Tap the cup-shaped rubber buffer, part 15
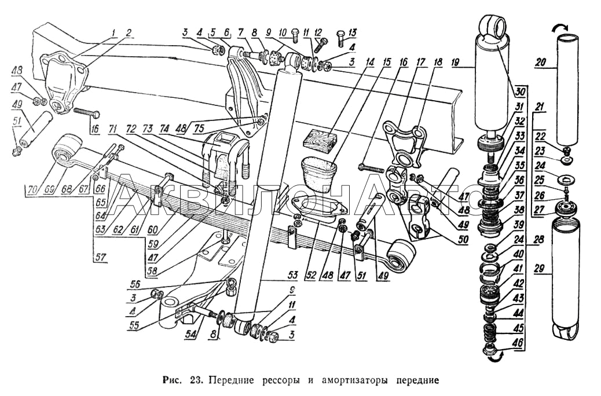coord(318,173)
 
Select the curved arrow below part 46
coord(493,359)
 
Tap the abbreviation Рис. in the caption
coord(173,381)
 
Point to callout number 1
coord(114,32)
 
